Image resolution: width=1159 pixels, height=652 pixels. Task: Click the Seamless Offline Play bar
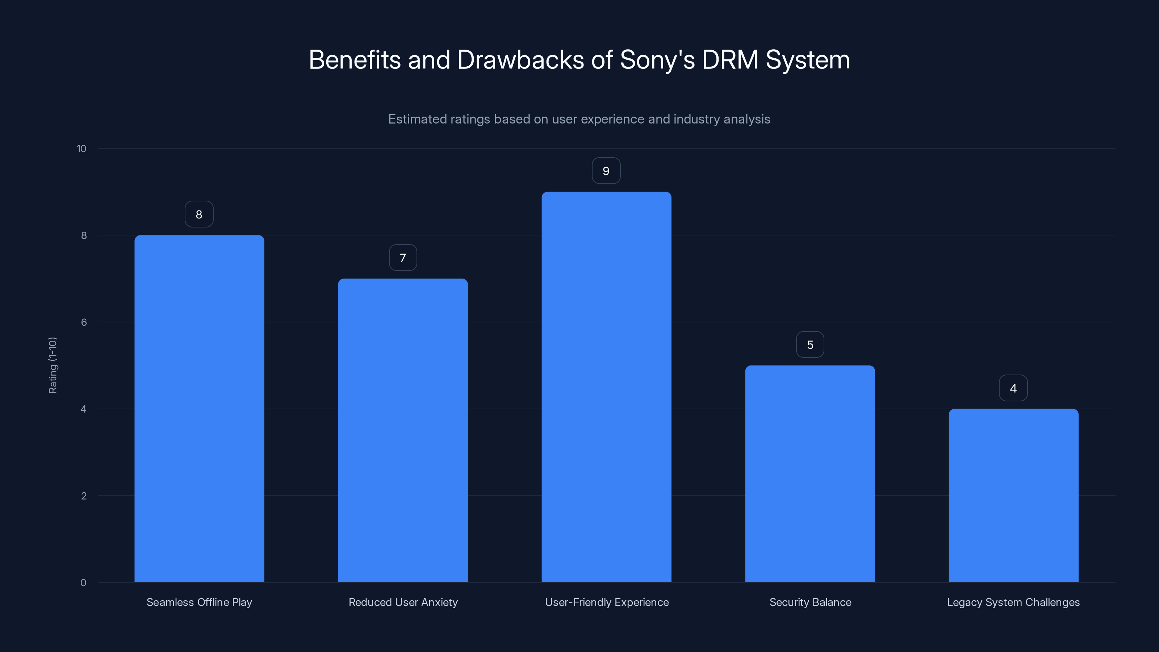199,409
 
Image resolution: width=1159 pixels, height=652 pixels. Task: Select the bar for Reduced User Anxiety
403,430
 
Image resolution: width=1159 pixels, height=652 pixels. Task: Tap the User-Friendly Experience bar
606,387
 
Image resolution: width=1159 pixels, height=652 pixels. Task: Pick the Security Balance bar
810,473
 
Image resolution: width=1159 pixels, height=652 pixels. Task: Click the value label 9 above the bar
606,171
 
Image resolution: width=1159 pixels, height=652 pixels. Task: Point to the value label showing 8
199,214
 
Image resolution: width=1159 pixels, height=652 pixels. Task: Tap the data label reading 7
403,258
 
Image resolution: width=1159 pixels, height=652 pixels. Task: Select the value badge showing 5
810,345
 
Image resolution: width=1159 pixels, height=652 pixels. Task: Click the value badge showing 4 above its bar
1013,388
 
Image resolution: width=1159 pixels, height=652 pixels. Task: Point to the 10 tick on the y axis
81,149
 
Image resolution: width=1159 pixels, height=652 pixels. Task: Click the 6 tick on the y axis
84,322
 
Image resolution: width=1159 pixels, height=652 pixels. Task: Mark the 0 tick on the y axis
83,583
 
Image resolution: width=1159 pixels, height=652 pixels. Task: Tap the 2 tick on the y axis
84,496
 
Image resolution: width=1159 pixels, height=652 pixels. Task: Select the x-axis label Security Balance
810,602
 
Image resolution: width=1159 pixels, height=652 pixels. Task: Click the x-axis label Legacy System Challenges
1013,602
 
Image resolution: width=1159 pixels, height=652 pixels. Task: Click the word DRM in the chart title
730,60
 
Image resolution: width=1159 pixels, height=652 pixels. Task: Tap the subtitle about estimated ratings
579,119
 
